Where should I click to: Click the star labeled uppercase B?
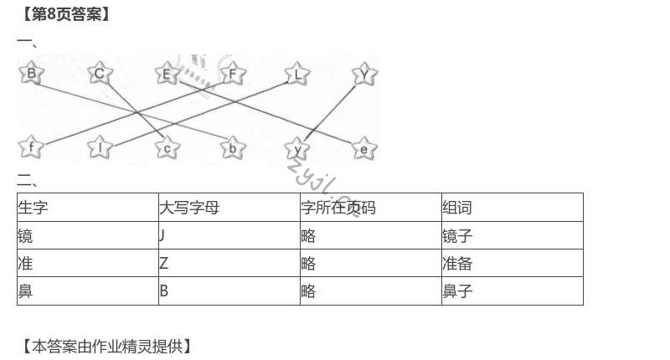pos(31,74)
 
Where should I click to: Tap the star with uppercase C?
pos(99,74)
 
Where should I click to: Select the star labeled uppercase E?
pos(166,75)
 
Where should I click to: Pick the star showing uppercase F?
pos(233,74)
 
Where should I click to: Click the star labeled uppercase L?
pos(297,75)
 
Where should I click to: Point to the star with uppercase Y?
pos(363,75)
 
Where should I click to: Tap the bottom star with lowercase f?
pos(31,148)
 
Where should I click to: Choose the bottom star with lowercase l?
pos(100,148)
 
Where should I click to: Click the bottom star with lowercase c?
pos(167,148)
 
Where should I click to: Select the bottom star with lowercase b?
pos(232,148)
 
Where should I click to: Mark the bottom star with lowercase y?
pos(297,149)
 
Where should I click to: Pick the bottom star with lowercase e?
pos(363,149)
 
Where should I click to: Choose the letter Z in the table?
pos(163,264)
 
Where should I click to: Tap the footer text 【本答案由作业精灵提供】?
pos(104,345)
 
